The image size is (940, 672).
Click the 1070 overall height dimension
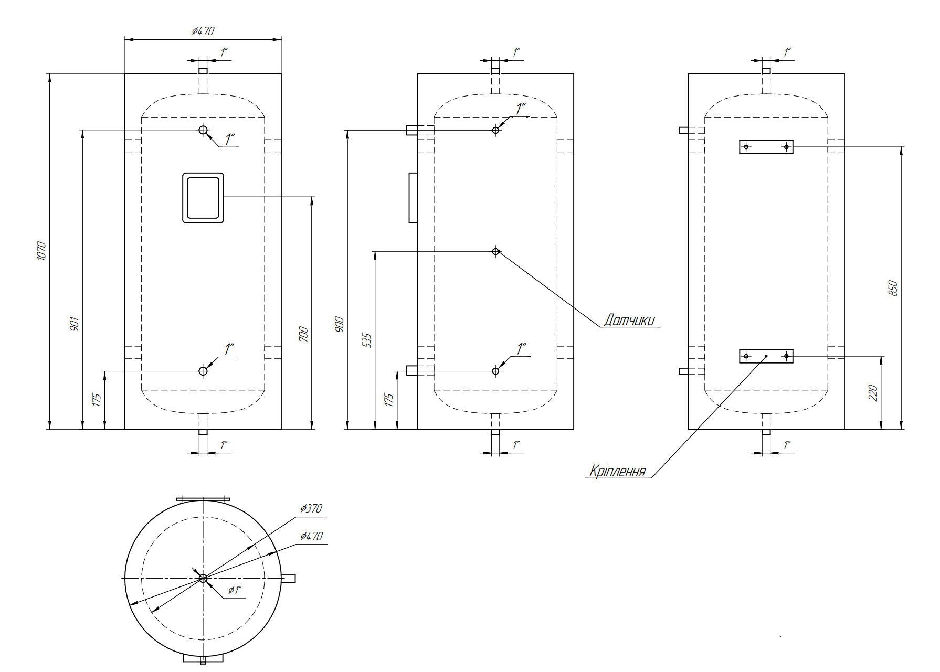click(42, 251)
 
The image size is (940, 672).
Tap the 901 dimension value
click(75, 324)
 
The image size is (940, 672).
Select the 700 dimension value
click(303, 334)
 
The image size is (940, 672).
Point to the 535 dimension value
click(367, 340)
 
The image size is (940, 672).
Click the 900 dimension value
click(340, 324)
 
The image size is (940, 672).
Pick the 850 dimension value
click(893, 288)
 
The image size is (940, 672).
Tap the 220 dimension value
click(873, 393)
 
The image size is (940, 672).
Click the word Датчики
click(629, 320)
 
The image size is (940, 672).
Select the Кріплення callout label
click(617, 471)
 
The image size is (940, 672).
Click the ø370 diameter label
click(311, 508)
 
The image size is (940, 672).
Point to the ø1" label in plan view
click(235, 590)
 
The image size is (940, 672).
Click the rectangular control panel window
click(203, 198)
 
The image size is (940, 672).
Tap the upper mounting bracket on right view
click(766, 147)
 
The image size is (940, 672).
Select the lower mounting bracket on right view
click(766, 356)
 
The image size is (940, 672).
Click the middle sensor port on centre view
click(495, 252)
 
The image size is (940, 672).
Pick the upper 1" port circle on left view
click(203, 130)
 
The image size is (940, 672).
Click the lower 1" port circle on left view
click(203, 371)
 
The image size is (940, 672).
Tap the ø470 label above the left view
click(203, 31)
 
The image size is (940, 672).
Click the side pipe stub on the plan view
click(288, 578)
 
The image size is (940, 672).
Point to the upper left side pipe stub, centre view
click(412, 130)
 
